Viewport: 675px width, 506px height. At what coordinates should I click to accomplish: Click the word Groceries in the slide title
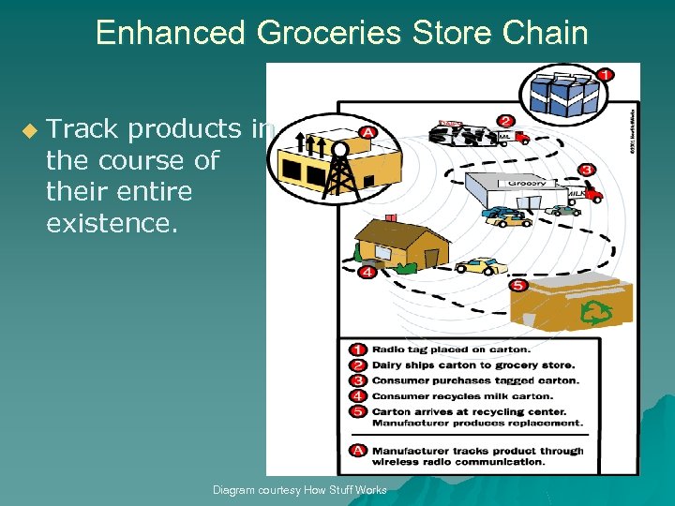pyautogui.click(x=315, y=34)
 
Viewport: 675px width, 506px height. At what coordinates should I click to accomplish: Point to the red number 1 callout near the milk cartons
pyautogui.click(x=606, y=74)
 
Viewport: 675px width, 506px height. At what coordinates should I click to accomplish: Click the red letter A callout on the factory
pyautogui.click(x=368, y=131)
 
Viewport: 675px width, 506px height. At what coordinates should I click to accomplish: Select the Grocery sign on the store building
pyautogui.click(x=527, y=183)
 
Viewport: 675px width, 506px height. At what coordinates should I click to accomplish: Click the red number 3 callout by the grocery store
pyautogui.click(x=587, y=170)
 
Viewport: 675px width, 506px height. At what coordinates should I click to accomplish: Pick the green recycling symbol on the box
pyautogui.click(x=595, y=312)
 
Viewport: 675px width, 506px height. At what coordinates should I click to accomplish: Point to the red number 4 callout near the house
pyautogui.click(x=367, y=273)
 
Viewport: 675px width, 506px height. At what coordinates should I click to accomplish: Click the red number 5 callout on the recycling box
pyautogui.click(x=518, y=285)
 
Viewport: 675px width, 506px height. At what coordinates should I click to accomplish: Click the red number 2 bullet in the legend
pyautogui.click(x=357, y=365)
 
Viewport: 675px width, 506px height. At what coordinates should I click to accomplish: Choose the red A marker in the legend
pyautogui.click(x=357, y=451)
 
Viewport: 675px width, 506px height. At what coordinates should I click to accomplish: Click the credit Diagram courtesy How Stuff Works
pyautogui.click(x=299, y=490)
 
